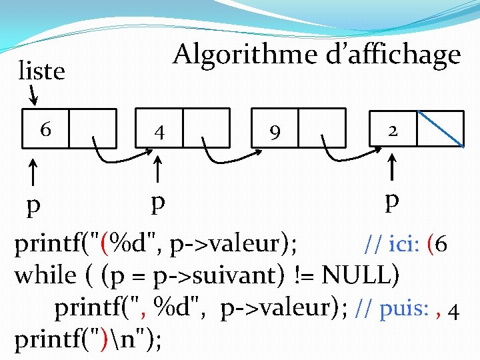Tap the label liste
coord(41,71)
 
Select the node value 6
coord(45,129)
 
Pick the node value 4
coord(159,131)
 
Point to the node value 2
coord(393,131)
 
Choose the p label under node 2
coord(393,201)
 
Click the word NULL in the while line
coord(357,274)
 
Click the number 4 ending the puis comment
coord(453,311)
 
